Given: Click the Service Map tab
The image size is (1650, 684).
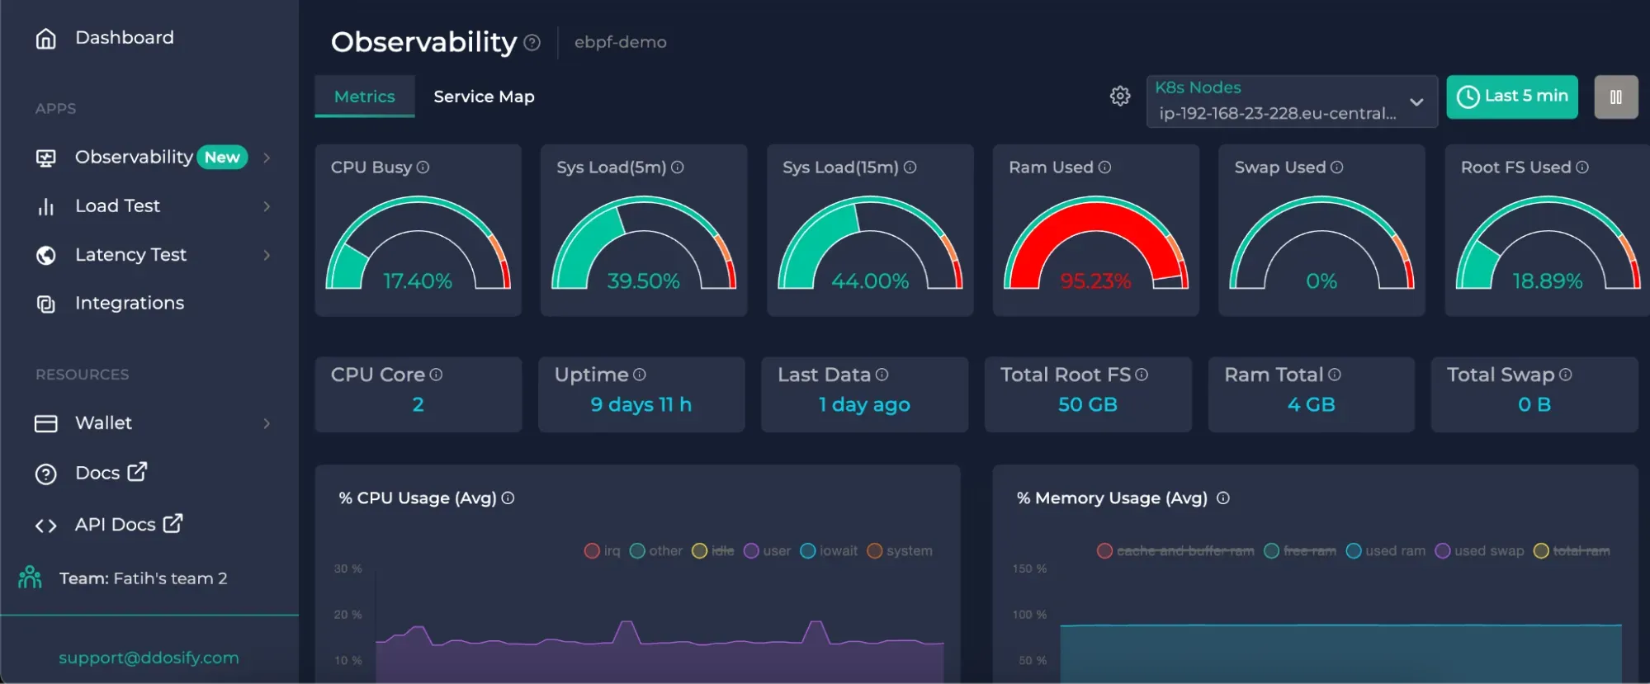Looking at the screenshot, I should (x=484, y=97).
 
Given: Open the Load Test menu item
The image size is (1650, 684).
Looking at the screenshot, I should (x=117, y=206).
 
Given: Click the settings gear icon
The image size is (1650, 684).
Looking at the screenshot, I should (x=1119, y=97).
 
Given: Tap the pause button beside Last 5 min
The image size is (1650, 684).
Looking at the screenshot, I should (x=1615, y=97).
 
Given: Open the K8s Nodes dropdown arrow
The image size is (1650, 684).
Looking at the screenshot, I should (x=1416, y=102).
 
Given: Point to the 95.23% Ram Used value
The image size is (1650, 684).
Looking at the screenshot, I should (x=1095, y=281).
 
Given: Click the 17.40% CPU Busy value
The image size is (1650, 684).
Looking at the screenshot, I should (x=418, y=281).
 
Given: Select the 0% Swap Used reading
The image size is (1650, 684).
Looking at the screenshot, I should (x=1321, y=281).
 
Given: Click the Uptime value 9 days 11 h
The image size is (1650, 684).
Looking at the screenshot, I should (x=641, y=404).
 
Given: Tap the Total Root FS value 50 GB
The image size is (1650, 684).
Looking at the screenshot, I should (x=1087, y=404).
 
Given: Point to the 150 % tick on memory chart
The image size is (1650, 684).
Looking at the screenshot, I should (x=1029, y=568).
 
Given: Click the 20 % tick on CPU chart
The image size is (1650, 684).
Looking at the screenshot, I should (x=347, y=615).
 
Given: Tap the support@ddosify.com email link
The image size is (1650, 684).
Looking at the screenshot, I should (x=149, y=658).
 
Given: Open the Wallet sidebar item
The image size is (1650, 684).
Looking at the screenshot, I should (x=103, y=423).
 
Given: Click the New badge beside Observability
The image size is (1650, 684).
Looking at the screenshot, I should (x=222, y=157).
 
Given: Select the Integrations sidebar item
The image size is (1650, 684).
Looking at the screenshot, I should (x=129, y=303).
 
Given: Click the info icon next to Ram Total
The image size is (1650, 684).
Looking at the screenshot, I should (x=1334, y=375).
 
